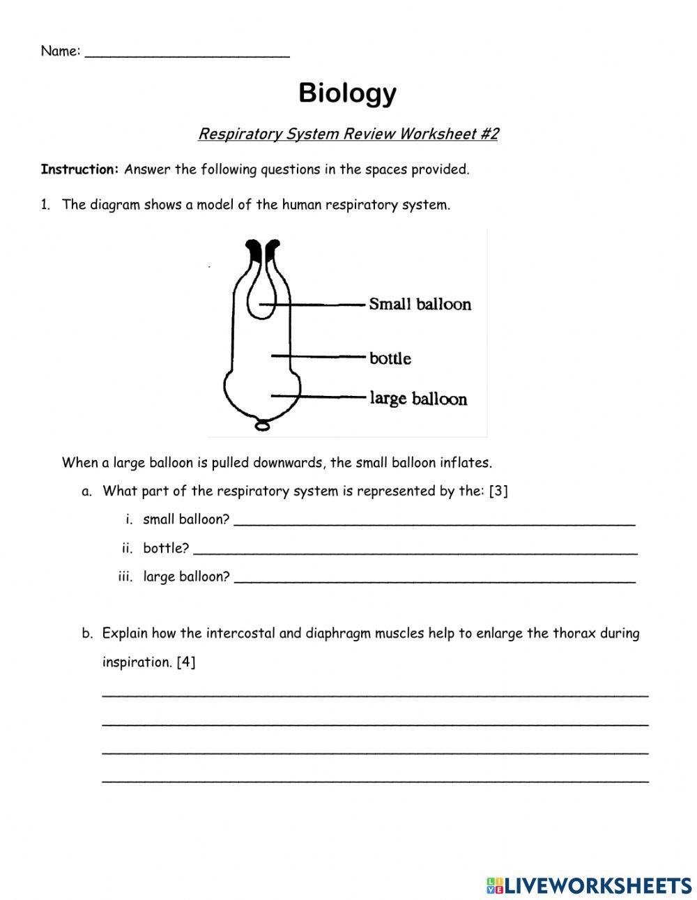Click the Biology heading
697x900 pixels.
click(347, 93)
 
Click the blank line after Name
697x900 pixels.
click(187, 54)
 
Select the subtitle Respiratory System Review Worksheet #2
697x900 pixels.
click(348, 134)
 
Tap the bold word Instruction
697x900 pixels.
click(79, 169)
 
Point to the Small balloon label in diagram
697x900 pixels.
click(420, 304)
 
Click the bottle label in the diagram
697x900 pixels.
click(390, 358)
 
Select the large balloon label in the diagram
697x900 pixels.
click(418, 399)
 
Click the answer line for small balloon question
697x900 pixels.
click(434, 523)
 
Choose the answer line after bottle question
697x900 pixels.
click(415, 551)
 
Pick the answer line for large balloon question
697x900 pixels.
click(434, 580)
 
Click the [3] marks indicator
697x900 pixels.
click(498, 491)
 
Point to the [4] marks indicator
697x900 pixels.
click(186, 662)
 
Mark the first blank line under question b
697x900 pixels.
click(375, 694)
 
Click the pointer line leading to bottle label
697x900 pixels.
click(318, 357)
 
